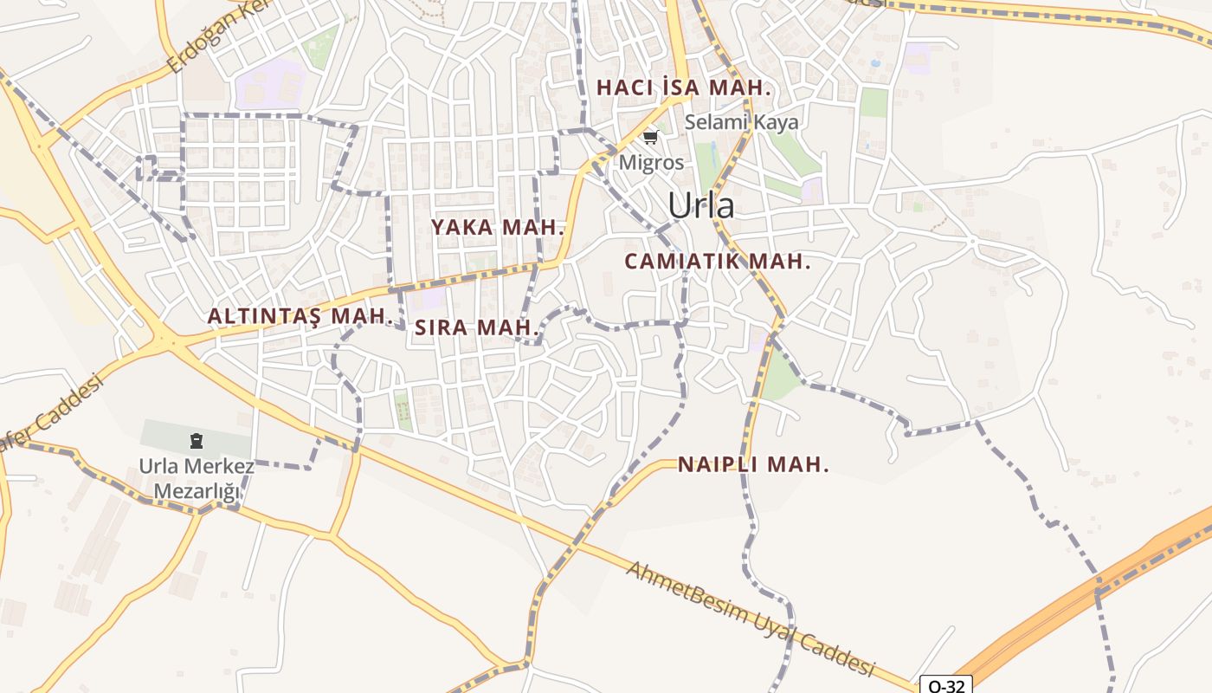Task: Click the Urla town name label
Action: point(701,205)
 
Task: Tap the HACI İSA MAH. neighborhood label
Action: point(684,87)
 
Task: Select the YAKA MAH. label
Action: point(498,228)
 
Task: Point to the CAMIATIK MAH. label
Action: point(718,261)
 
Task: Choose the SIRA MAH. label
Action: point(477,327)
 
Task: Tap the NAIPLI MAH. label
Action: point(753,464)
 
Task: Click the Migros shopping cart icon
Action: point(650,137)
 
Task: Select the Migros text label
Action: point(651,162)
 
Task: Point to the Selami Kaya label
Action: point(742,122)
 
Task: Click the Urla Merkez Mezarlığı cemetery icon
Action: point(197,441)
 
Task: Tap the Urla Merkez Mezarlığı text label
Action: point(197,479)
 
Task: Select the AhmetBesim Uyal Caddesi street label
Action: point(748,619)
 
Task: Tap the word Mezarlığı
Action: point(197,492)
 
